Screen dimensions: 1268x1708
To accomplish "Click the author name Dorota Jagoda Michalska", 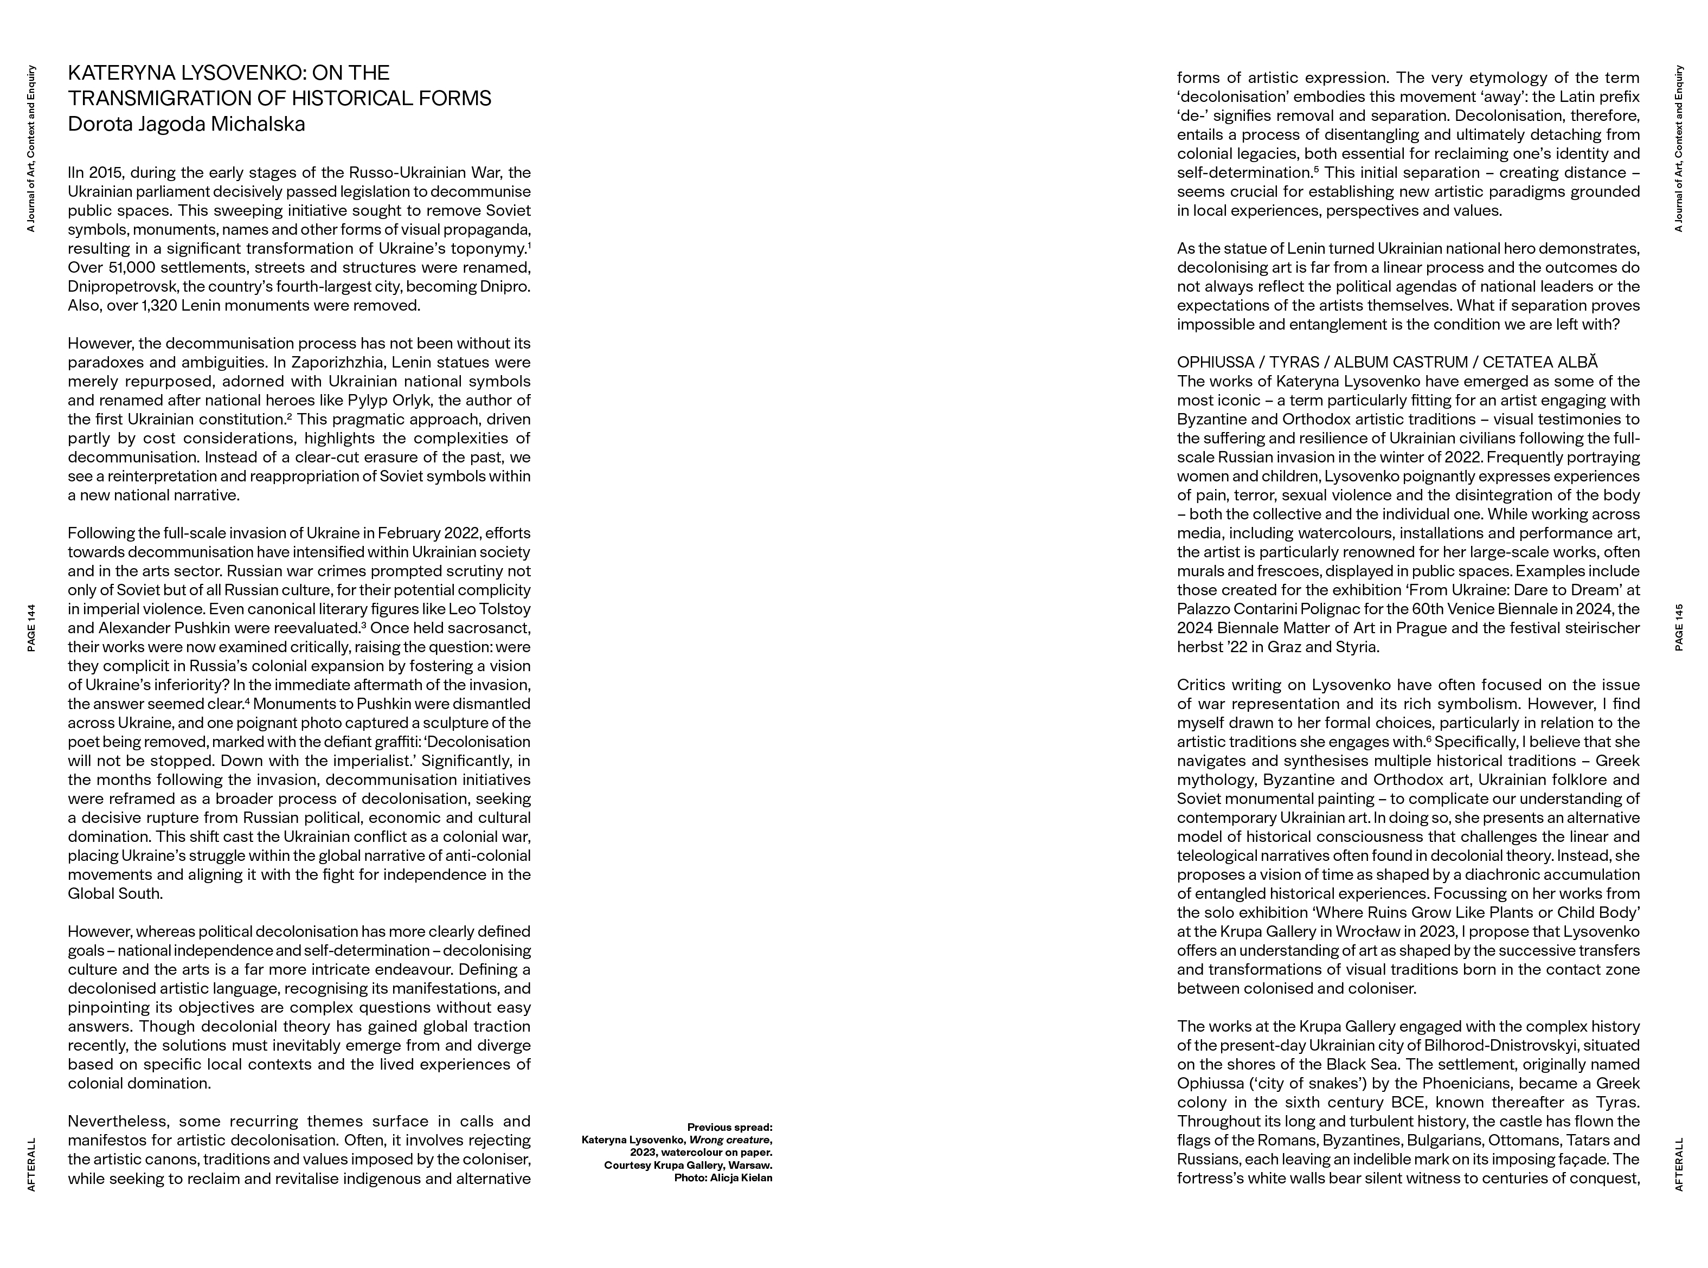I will coord(187,124).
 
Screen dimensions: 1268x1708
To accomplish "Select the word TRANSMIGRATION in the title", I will coord(157,98).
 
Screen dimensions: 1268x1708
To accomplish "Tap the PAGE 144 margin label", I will coord(31,628).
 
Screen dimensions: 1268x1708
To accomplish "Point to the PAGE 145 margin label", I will coord(1679,628).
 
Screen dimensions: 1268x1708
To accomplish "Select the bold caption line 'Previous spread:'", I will coord(729,1128).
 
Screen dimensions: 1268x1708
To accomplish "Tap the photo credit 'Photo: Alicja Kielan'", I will coord(723,1177).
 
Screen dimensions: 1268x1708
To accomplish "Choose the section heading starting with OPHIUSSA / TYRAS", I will coord(1386,362).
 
